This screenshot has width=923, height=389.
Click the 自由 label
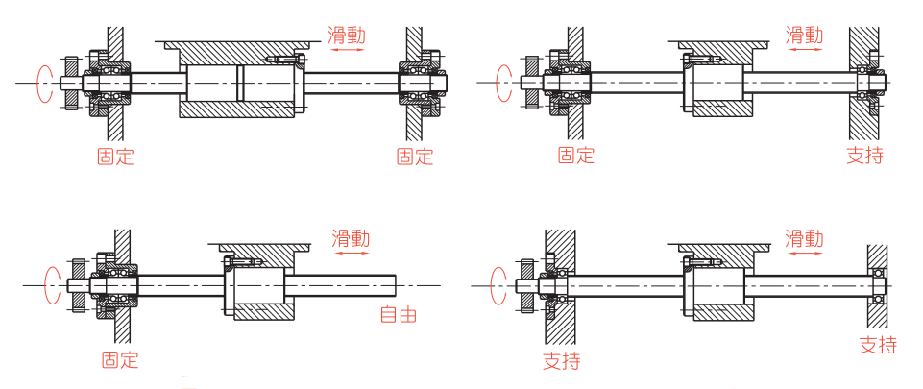[x=399, y=314]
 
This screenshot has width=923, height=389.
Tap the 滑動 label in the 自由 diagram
[x=350, y=238]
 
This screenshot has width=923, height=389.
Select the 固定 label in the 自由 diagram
[x=120, y=360]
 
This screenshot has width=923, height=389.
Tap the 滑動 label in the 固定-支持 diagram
[x=804, y=36]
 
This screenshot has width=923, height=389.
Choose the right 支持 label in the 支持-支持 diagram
[x=878, y=346]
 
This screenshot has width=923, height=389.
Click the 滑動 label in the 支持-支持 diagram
[x=804, y=238]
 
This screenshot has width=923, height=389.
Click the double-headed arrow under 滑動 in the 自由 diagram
[x=350, y=255]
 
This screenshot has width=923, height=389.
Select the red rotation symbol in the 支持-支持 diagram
[x=498, y=284]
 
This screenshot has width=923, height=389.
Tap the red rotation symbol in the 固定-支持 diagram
[x=500, y=84]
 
